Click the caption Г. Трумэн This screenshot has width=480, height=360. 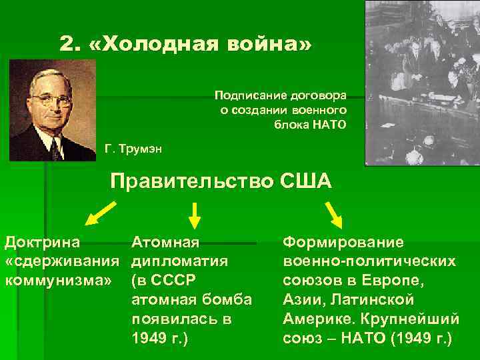[133, 147]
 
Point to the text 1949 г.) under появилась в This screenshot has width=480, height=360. [160, 338]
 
